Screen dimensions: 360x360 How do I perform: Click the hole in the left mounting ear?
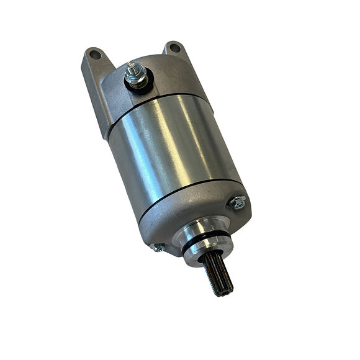point(95,55)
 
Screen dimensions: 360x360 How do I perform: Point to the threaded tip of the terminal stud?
point(132,66)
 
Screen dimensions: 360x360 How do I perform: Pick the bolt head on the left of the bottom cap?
point(157,247)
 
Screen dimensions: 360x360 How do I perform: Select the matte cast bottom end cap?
point(186,214)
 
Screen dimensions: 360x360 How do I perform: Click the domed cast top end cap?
point(168,78)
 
